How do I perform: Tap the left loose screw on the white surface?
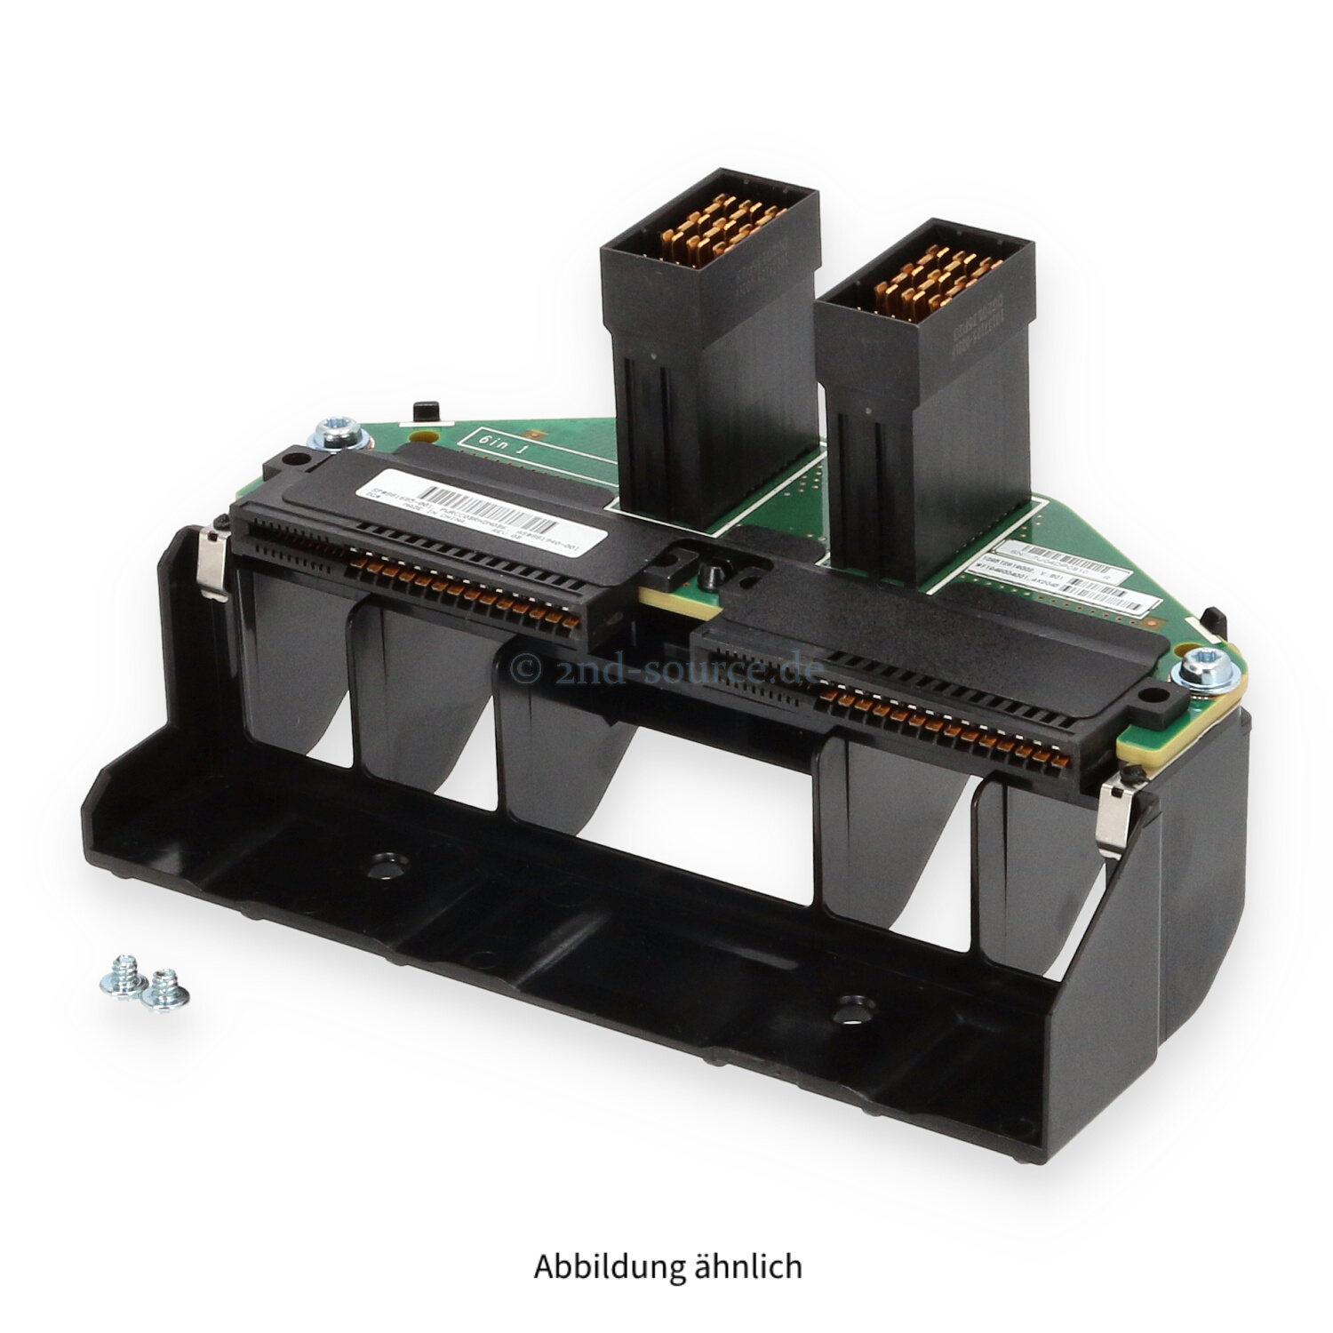(120, 976)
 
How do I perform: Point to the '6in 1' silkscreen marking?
(504, 442)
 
